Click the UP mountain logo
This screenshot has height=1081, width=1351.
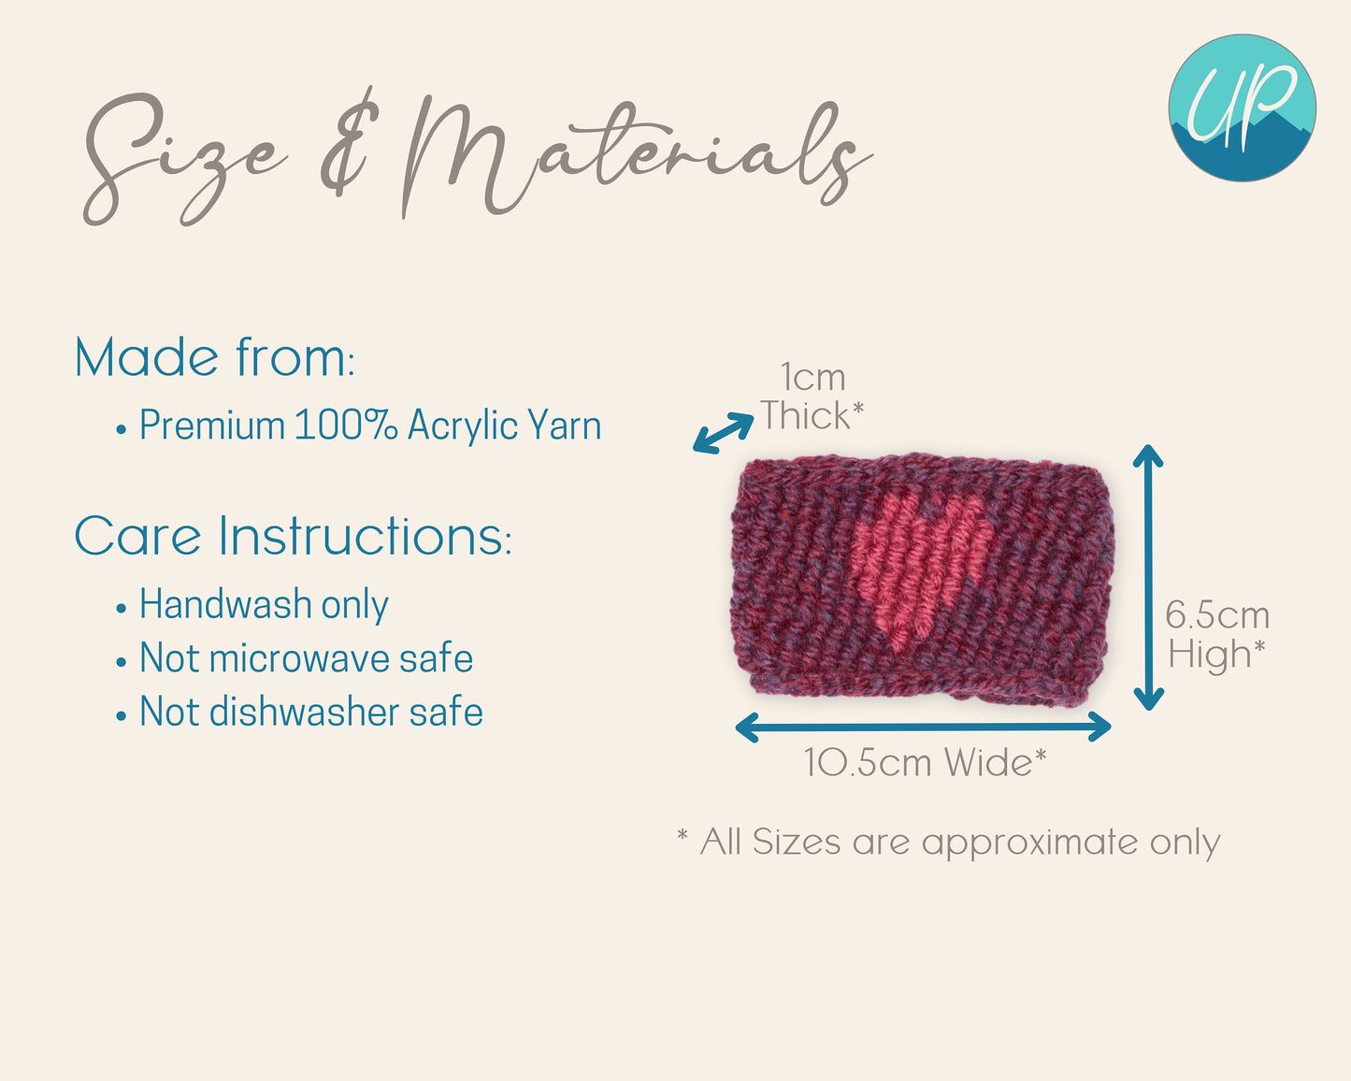(x=1242, y=108)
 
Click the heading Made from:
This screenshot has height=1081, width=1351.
(x=215, y=357)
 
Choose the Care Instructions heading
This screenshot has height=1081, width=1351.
(x=294, y=536)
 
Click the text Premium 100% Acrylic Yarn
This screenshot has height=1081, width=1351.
(x=369, y=425)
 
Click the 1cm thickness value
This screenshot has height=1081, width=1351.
(x=813, y=378)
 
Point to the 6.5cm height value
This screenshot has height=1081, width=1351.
(x=1217, y=614)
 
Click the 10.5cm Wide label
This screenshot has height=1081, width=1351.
(x=925, y=763)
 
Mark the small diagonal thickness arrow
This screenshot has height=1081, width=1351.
(x=724, y=432)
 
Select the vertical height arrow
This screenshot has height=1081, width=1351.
(x=1148, y=577)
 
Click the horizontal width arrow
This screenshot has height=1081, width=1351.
(x=923, y=727)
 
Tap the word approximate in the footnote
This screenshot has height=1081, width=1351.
(x=1029, y=843)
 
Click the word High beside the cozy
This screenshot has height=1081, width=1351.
(x=1210, y=655)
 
